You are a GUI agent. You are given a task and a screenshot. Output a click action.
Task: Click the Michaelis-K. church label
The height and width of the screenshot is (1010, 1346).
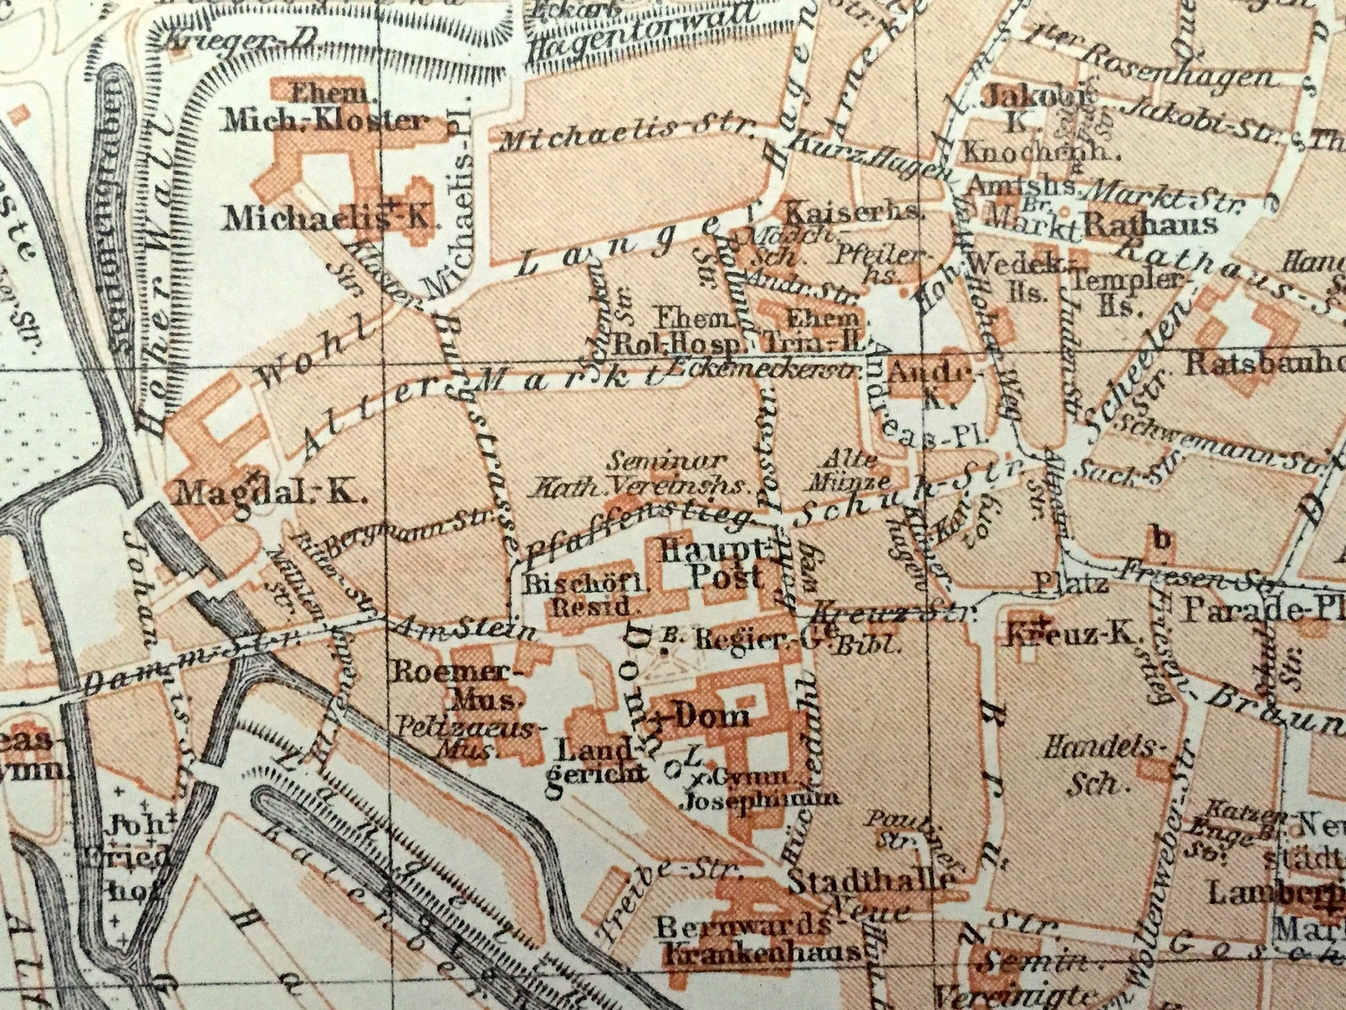click(x=329, y=218)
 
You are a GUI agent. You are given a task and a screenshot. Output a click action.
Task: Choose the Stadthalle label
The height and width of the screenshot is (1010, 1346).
click(x=870, y=880)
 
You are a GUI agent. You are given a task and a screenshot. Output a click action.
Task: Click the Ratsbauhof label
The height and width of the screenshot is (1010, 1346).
click(x=1263, y=364)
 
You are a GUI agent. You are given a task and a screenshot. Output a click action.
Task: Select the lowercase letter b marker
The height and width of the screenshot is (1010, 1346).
click(x=1161, y=538)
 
